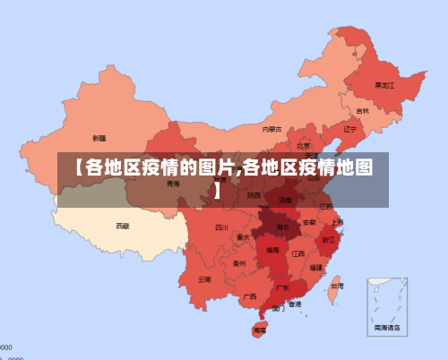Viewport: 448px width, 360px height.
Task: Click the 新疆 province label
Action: point(99,138)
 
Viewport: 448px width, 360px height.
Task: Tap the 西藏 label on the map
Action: point(122,226)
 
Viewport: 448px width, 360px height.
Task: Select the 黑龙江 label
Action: point(384,85)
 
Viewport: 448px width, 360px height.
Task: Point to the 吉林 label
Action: point(362,111)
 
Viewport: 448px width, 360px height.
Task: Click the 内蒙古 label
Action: point(272,129)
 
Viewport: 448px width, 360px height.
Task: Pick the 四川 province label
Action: point(221,227)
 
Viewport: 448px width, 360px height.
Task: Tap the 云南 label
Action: point(205,279)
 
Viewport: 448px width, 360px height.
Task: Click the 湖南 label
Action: point(272,251)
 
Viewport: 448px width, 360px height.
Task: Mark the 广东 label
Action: point(282,287)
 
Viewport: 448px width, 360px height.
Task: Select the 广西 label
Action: point(250,296)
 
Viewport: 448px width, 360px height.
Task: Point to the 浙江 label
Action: point(329,241)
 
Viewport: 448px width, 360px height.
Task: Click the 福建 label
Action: point(316,267)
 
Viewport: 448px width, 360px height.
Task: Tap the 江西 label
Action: point(298,253)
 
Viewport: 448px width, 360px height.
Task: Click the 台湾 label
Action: point(336,286)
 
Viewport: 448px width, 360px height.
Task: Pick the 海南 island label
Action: point(260,330)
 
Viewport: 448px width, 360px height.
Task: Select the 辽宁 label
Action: point(350,129)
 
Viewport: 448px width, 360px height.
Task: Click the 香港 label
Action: point(295,304)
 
